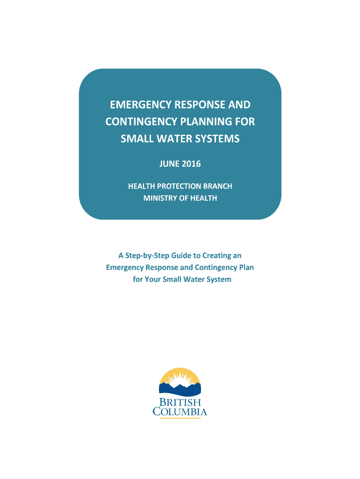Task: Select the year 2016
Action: click(192, 164)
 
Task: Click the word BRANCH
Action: click(217, 186)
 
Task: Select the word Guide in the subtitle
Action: click(178, 255)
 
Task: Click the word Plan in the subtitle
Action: click(246, 268)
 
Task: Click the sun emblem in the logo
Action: click(180, 378)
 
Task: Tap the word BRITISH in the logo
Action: click(180, 403)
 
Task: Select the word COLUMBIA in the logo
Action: click(180, 412)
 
